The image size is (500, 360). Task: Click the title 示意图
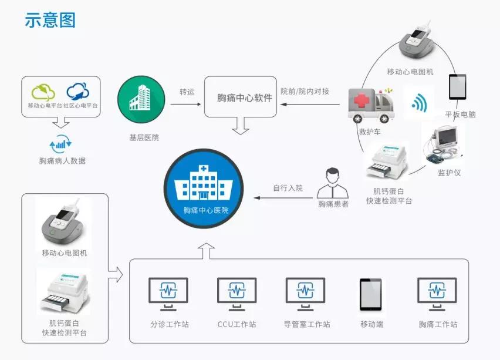[x=50, y=20]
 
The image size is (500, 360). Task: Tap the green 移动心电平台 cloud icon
[x=43, y=92]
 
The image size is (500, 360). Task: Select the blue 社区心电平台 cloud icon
[x=77, y=92]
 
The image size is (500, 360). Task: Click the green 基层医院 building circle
[x=141, y=99]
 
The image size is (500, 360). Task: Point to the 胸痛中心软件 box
[x=241, y=97]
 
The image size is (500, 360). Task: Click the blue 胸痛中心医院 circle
[x=204, y=189]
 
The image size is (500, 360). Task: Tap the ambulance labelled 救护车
[x=371, y=105]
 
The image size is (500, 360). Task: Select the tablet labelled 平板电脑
[x=458, y=87]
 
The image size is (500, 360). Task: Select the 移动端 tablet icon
[x=370, y=295]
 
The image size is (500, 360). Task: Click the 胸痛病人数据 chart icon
[x=60, y=144]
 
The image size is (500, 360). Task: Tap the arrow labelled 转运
[x=185, y=104]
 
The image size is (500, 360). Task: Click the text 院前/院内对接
[x=305, y=92]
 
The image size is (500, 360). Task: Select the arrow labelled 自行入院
[x=283, y=198]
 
